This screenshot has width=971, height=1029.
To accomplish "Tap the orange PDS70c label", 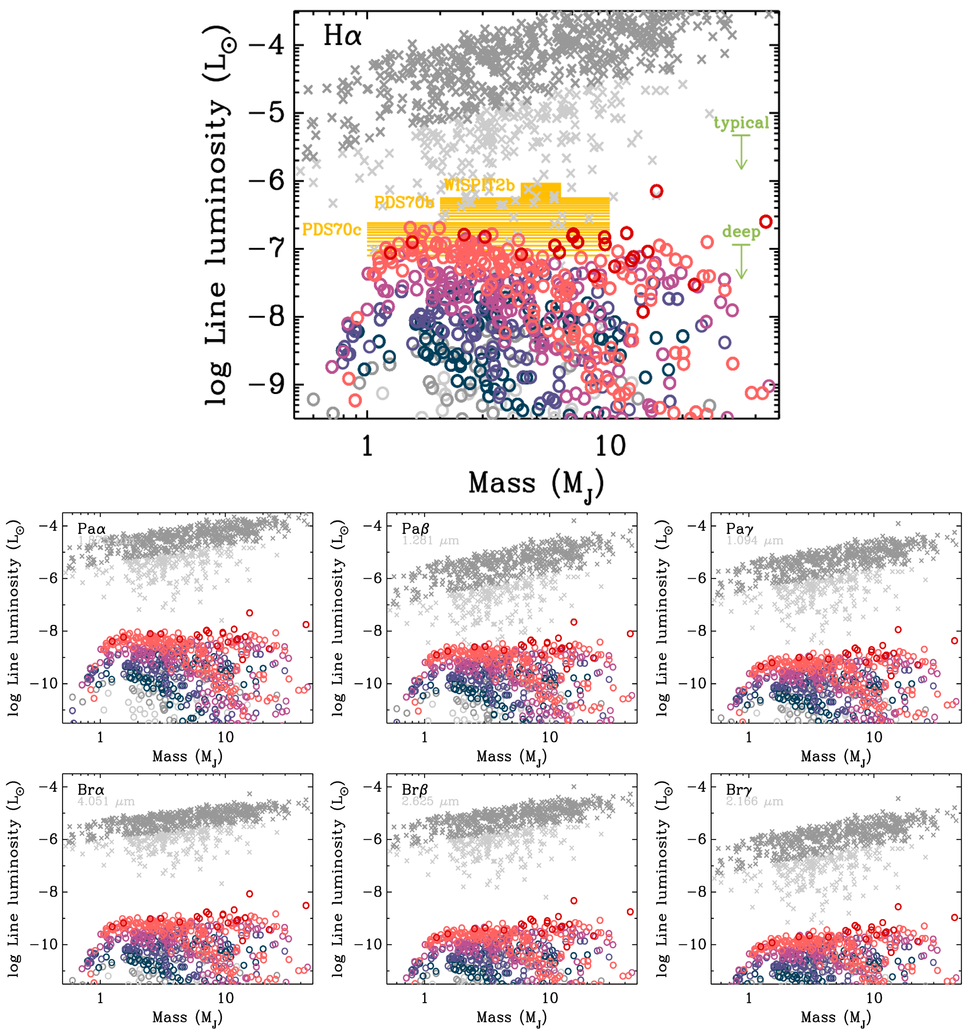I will [331, 229].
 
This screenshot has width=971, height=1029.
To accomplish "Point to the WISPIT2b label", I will [479, 185].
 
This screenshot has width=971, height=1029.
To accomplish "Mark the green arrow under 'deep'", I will [741, 261].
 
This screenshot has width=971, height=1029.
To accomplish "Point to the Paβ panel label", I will [415, 529].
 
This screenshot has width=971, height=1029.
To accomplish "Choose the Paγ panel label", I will [740, 529].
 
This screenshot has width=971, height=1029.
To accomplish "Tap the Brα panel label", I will [91, 790].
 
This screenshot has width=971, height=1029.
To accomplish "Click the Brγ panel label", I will [740, 790].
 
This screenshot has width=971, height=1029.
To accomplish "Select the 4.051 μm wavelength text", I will [106, 802].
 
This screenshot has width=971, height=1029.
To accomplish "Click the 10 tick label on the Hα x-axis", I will [610, 446].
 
